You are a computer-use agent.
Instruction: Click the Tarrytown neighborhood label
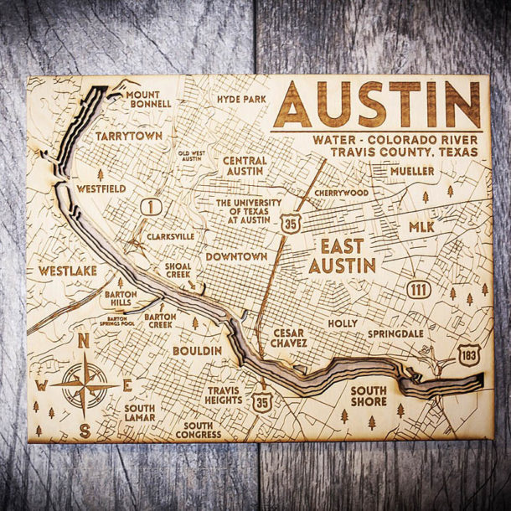127,135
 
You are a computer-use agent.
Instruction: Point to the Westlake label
68,271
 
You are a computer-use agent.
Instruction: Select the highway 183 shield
469,356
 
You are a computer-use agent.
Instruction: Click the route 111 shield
421,290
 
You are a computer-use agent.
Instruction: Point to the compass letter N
83,341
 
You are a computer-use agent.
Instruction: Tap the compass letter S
85,431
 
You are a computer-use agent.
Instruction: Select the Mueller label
412,171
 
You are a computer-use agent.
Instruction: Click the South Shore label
369,395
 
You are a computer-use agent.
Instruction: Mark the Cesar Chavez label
289,337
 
